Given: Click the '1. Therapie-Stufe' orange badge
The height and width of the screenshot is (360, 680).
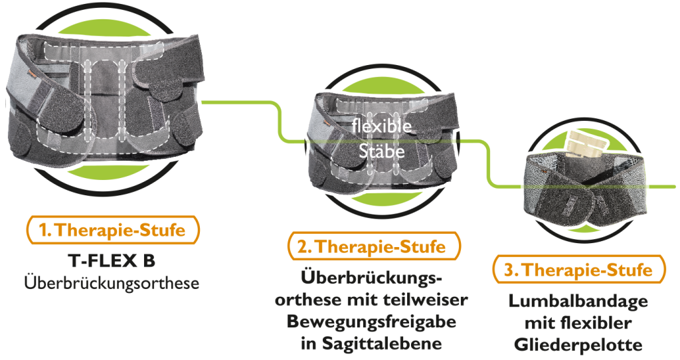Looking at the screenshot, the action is point(113,229).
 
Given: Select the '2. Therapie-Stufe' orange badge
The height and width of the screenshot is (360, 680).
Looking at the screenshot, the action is point(374,246).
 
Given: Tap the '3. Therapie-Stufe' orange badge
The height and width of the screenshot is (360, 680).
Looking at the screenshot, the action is point(579,270).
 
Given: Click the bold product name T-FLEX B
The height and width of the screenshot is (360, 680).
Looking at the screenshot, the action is point(112,260).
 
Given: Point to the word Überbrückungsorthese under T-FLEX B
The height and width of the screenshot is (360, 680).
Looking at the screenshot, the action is point(112,283).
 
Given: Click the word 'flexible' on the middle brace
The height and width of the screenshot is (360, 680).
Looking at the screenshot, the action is point(382,126).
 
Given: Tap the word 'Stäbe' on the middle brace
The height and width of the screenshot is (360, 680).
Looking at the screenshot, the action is point(382,151).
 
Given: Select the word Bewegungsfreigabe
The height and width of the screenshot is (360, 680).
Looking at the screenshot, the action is point(371,321).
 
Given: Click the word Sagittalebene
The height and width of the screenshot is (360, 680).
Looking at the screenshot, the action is point(382,343).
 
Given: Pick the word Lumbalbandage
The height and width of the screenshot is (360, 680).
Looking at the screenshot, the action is point(578,301).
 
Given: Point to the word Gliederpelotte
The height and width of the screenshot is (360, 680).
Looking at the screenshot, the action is point(578,345).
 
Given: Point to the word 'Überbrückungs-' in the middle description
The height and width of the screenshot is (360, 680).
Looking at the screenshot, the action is point(371,278).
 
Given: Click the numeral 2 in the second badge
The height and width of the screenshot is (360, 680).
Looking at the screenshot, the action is point(303,247).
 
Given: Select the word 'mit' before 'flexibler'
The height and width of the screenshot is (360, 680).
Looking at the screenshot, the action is point(540,323).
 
